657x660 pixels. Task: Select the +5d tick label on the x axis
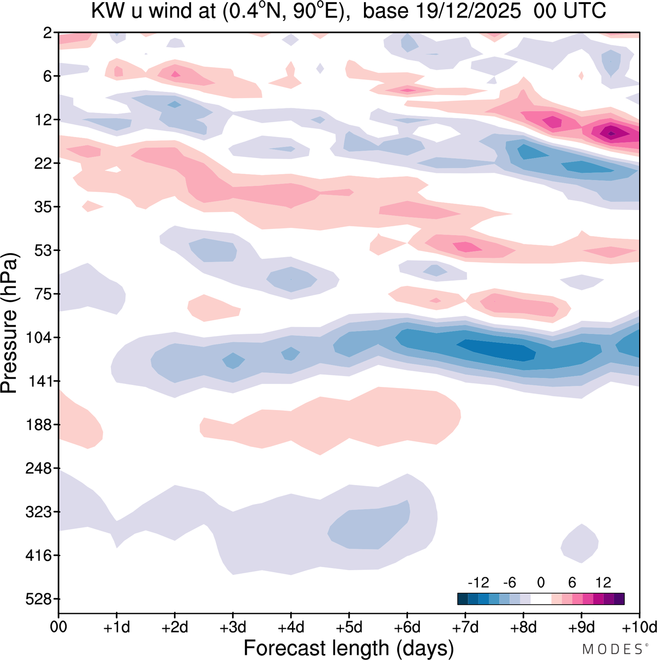coord(349,627)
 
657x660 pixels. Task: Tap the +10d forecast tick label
coord(640,627)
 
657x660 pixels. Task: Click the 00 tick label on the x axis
coord(59,627)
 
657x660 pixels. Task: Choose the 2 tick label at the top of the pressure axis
coord(48,33)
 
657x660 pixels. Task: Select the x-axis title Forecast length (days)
coord(349,648)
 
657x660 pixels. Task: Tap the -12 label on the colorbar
coord(478,583)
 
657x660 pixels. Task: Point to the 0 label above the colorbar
coord(540,583)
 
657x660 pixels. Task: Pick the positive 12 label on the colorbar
coord(603,583)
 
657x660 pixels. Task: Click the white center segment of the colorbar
coord(540,598)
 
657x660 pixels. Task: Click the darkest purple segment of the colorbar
coord(619,598)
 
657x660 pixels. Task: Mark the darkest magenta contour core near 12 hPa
coord(611,133)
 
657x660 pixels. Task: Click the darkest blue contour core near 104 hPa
coord(495,350)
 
